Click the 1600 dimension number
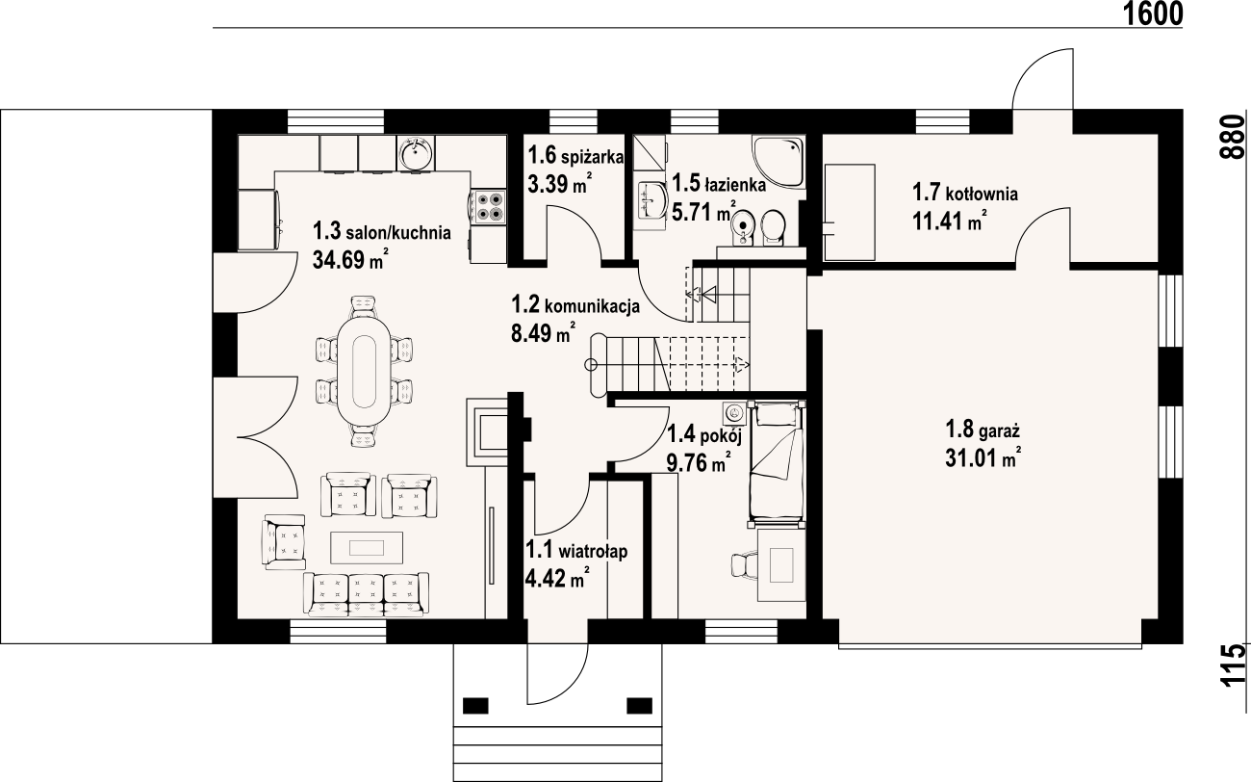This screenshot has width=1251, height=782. coord(1152,14)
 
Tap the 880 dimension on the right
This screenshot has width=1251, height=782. coord(1235,137)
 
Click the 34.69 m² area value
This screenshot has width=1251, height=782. coord(350,259)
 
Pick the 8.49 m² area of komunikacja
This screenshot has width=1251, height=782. coord(543,334)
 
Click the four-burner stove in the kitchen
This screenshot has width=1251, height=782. coord(489,206)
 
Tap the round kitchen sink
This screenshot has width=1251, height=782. coord(416,152)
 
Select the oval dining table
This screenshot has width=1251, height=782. coord(364,372)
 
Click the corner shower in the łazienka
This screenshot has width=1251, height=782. coord(779,162)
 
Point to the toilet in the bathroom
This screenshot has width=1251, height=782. coord(774,227)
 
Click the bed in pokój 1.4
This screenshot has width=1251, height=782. coord(777,463)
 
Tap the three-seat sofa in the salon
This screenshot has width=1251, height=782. coord(366,593)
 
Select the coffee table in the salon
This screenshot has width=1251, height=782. coord(367,547)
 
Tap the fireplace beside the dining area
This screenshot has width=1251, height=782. coord(487,431)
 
